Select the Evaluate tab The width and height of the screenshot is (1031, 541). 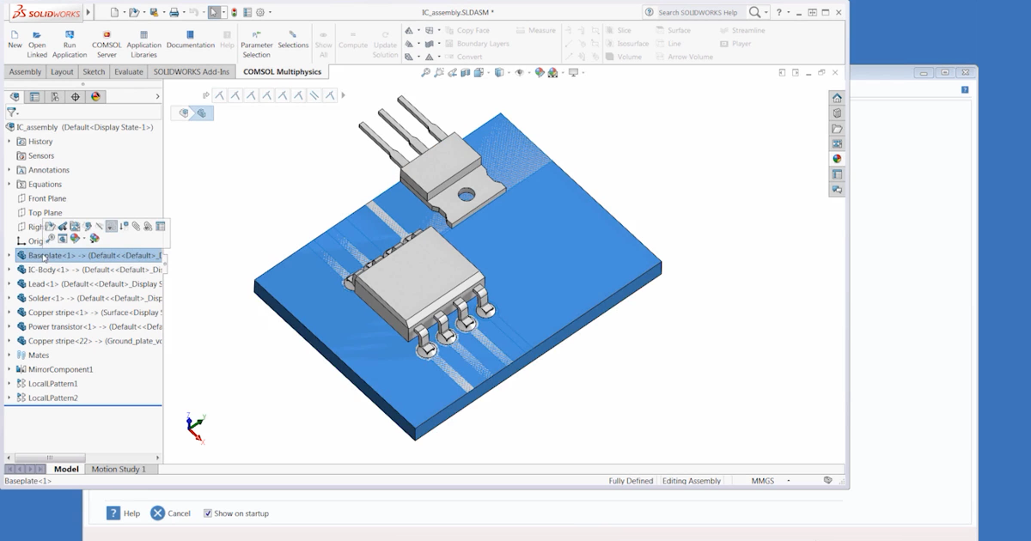click(x=128, y=72)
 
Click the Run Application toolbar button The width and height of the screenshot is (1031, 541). click(x=70, y=44)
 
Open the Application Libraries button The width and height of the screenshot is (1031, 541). click(x=143, y=44)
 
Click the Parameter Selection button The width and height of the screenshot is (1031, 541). click(x=256, y=44)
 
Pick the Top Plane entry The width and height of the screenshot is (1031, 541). click(x=45, y=213)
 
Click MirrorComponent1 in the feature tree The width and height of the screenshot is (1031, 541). click(x=60, y=369)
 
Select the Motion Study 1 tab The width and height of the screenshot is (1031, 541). click(x=119, y=470)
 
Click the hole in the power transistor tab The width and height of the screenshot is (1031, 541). click(x=466, y=195)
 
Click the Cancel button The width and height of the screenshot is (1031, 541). click(x=170, y=514)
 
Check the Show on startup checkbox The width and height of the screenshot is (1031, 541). click(x=208, y=514)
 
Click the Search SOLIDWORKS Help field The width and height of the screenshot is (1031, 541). click(x=696, y=13)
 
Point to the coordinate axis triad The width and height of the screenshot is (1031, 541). click(x=195, y=428)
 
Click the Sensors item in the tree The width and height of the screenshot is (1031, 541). click(x=40, y=156)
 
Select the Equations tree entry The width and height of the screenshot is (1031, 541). click(x=45, y=185)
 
